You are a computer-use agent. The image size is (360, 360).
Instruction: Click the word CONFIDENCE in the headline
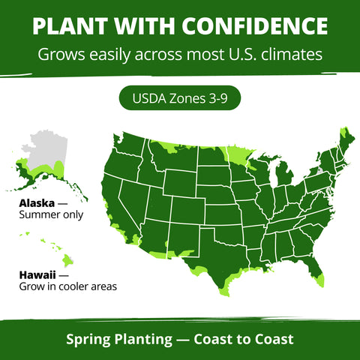coord(255,25)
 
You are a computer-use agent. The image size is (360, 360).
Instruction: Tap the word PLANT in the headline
coord(70,26)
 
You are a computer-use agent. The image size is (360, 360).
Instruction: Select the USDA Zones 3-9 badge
coord(180,98)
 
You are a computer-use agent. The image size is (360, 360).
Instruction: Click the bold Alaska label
coord(37,203)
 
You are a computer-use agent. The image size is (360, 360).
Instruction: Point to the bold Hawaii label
coord(37,275)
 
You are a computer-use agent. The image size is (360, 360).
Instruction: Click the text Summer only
coord(51,214)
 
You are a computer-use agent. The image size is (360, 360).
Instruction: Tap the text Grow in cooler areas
coord(68,286)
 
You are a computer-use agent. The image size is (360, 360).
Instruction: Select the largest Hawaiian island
coord(67,260)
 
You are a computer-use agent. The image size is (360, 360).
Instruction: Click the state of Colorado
coord(188,210)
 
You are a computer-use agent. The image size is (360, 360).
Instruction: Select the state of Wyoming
coord(181,183)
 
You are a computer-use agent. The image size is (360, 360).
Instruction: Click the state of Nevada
coord(133,202)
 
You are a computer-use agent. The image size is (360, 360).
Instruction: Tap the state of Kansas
coord(223,214)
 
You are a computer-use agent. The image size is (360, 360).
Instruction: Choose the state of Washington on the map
coord(129,145)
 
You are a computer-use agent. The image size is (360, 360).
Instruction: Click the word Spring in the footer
coord(88,340)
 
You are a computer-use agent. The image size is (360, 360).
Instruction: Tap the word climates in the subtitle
coord(292,55)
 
